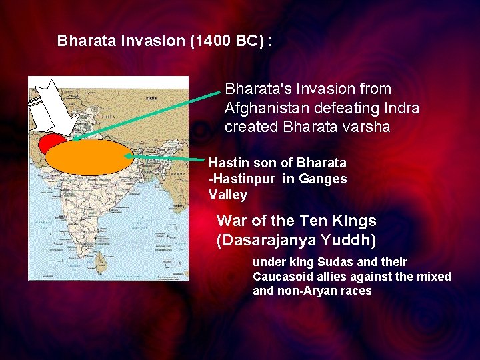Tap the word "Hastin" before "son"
[227, 163]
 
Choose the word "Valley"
[227, 195]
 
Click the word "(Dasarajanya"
[265, 240]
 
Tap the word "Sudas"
[324, 262]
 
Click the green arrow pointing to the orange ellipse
[167, 158]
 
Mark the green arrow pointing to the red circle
[147, 113]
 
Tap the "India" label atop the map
[151, 97]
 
